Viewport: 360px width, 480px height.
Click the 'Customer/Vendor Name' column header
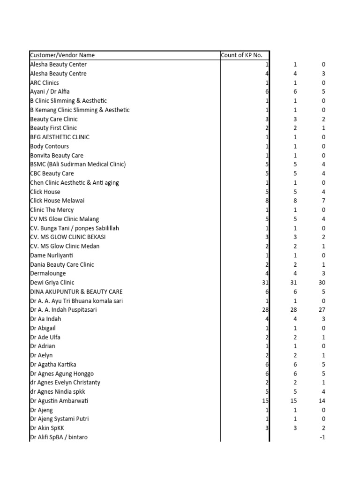click(x=62, y=55)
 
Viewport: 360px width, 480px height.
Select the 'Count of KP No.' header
click(x=241, y=55)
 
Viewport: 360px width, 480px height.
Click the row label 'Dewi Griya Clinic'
click(x=52, y=283)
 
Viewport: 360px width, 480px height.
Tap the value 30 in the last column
click(x=321, y=283)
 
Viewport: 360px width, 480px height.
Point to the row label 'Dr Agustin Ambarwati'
click(x=59, y=401)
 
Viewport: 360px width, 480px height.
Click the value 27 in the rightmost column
click(x=321, y=310)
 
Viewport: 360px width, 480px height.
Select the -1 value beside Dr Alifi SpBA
click(x=322, y=437)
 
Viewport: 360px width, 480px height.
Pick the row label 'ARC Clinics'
click(x=45, y=82)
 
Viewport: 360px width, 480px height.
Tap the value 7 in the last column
click(x=323, y=201)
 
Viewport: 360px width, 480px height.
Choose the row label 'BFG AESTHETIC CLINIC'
click(x=60, y=137)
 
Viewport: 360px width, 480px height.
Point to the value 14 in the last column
click(x=321, y=401)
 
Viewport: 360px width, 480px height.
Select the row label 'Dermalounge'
click(x=48, y=273)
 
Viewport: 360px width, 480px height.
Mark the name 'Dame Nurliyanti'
click(x=52, y=255)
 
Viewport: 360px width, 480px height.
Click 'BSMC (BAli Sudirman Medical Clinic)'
click(x=78, y=165)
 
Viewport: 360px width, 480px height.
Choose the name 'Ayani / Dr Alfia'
click(x=50, y=91)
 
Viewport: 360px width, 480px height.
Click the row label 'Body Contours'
click(x=49, y=146)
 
